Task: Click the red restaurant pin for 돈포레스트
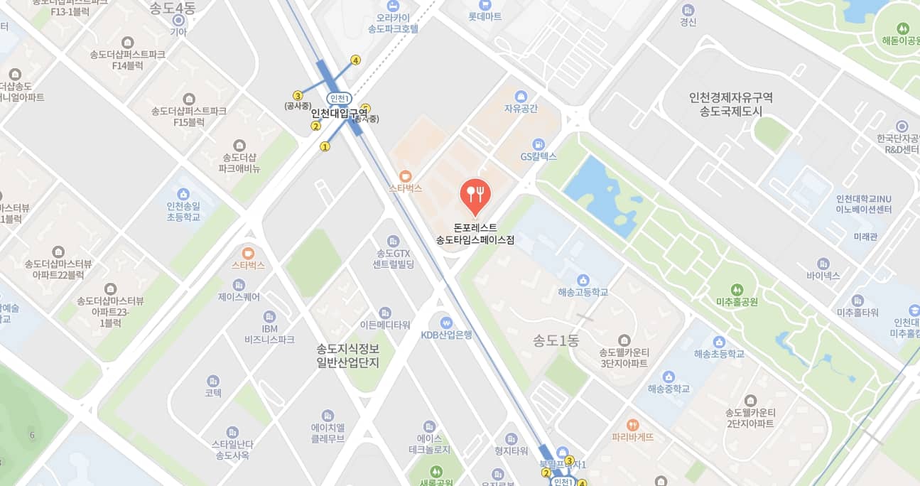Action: [474, 193]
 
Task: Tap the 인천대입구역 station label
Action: [340, 112]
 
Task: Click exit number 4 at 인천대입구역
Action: [355, 60]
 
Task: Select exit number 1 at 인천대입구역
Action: [325, 147]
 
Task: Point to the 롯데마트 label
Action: [485, 16]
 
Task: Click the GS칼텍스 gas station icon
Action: [539, 144]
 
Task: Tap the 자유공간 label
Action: [521, 109]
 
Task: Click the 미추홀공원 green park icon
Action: [737, 289]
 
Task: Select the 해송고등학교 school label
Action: [583, 292]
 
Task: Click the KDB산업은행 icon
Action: [446, 322]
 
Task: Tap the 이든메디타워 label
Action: [385, 325]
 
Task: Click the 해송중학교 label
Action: [669, 389]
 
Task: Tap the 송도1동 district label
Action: [556, 340]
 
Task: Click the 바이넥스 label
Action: [823, 274]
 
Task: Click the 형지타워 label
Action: [511, 450]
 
